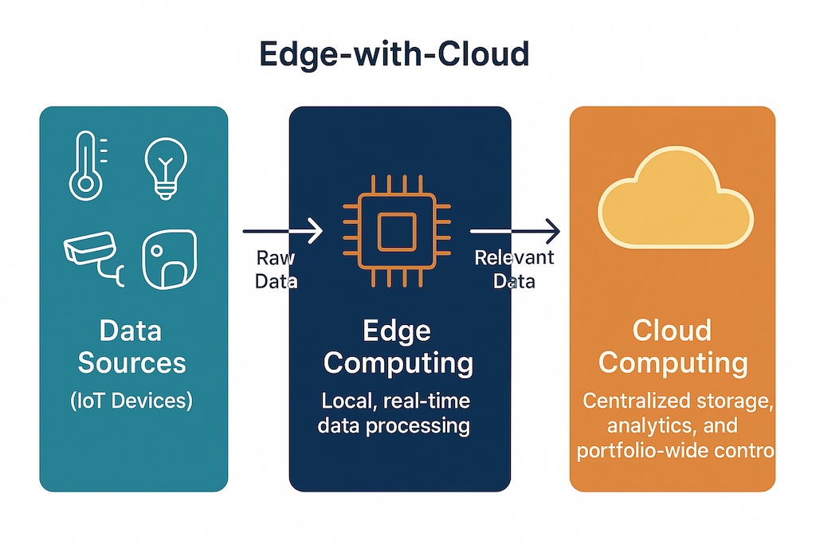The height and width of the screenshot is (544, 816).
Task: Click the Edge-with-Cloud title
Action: (x=394, y=54)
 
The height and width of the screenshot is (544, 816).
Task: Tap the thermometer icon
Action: (x=86, y=166)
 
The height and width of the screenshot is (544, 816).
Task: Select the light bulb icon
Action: (x=166, y=167)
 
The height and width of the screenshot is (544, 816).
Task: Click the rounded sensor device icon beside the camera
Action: (x=170, y=259)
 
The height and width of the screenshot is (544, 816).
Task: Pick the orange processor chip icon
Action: (x=397, y=231)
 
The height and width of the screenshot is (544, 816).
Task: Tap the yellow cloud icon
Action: (x=676, y=198)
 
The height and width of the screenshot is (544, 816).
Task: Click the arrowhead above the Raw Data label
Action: (x=314, y=230)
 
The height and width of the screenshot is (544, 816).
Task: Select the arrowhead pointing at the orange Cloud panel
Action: (x=551, y=231)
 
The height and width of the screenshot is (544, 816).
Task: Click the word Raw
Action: (x=275, y=257)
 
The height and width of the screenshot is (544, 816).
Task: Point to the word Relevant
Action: (x=514, y=257)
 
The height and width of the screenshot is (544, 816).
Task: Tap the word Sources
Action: (x=131, y=362)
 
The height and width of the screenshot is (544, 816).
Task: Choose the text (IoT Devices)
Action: (x=131, y=401)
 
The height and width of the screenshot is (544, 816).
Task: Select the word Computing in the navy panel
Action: (x=398, y=364)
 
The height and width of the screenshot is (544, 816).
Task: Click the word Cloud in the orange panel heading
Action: (x=672, y=331)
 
